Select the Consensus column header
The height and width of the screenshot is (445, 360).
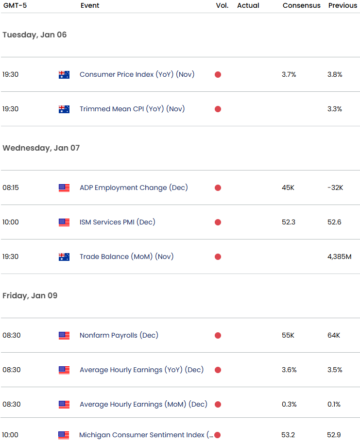point(301,5)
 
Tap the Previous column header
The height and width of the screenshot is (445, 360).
point(343,5)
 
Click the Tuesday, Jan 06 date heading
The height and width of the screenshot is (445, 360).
point(34,35)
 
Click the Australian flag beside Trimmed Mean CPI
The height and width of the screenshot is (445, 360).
point(64,109)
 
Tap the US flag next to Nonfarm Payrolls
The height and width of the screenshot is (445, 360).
point(64,335)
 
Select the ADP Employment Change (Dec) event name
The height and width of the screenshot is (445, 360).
point(134,188)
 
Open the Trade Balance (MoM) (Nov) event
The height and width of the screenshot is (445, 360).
point(126,257)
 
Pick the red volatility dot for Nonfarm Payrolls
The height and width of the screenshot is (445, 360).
point(218,335)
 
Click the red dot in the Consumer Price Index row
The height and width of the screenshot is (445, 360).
point(218,75)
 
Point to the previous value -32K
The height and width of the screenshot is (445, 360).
point(335,188)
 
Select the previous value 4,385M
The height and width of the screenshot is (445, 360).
point(339,257)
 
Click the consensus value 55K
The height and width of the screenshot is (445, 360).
point(289,335)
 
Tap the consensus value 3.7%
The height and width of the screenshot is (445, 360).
point(289,75)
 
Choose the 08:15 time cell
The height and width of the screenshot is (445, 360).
point(10,188)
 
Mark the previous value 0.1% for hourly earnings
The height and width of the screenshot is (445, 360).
point(334,404)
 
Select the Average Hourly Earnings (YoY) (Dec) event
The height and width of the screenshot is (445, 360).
point(141,370)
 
